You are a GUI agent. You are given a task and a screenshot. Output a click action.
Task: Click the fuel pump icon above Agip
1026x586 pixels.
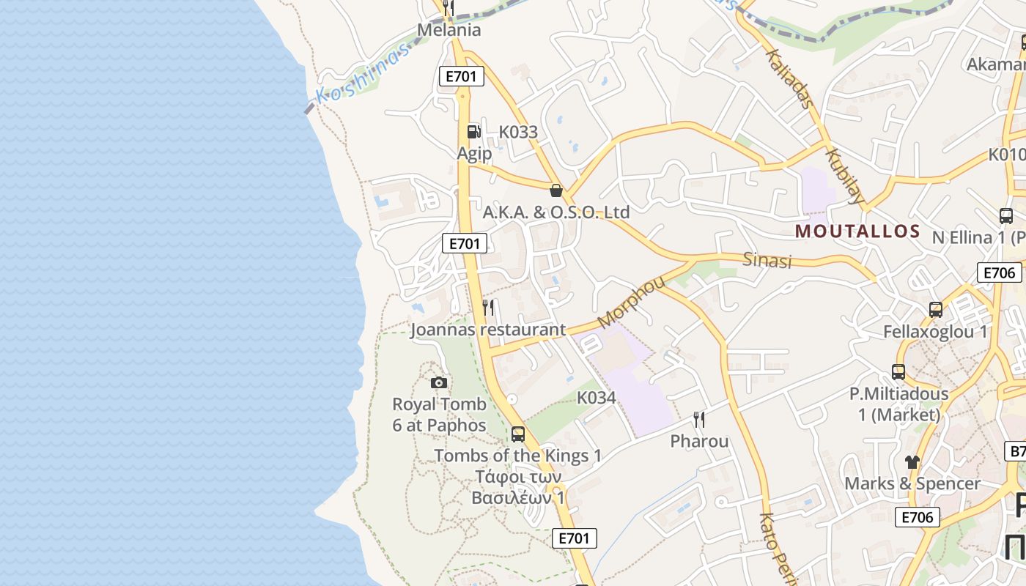tap(473, 132)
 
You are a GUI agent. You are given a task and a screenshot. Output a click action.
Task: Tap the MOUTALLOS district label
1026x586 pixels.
tap(857, 231)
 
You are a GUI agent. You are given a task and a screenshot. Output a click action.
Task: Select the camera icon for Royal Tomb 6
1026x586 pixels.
tap(439, 382)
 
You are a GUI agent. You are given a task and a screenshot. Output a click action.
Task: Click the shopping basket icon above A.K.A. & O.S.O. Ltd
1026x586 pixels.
tap(556, 191)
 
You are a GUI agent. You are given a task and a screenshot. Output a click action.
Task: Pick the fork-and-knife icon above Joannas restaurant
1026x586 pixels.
tap(489, 308)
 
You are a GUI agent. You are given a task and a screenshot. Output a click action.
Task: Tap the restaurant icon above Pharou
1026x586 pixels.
tap(699, 420)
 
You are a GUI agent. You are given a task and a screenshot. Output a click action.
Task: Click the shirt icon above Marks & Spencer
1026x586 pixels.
tap(912, 461)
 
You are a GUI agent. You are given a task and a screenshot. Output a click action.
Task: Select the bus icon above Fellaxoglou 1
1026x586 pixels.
tap(936, 310)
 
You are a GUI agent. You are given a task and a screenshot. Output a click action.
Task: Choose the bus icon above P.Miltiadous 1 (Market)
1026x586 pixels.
tap(898, 372)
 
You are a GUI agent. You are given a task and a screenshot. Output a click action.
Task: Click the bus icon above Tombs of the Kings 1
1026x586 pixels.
tap(518, 434)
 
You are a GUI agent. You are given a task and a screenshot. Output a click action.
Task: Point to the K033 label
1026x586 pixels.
tap(518, 133)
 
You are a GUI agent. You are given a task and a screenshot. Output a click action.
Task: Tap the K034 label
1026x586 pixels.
tap(596, 398)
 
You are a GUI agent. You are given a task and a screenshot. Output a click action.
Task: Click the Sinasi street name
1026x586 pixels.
tap(767, 260)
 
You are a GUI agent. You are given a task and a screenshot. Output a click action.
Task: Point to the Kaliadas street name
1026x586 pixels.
tap(789, 78)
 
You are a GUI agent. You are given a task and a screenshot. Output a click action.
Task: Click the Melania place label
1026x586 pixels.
tap(449, 30)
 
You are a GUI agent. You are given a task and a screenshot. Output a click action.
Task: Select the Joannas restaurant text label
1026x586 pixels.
tap(488, 330)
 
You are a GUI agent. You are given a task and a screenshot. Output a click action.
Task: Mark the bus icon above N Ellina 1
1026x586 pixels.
tap(1006, 216)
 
